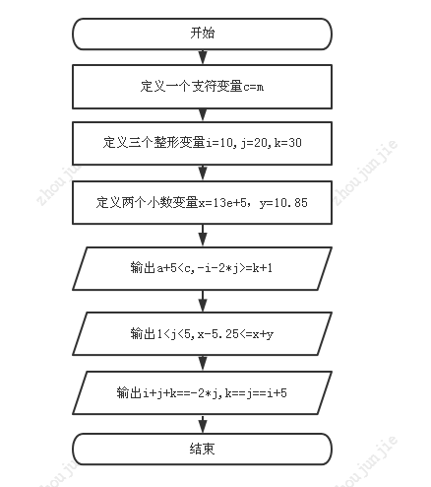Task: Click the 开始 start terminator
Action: pos(202,34)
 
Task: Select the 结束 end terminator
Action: pos(202,449)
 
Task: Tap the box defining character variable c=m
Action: pos(202,87)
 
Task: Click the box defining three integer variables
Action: pos(202,143)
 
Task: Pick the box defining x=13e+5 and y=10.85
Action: pos(202,202)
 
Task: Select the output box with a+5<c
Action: pos(202,268)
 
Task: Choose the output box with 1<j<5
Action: pos(202,334)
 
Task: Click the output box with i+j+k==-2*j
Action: pos(202,392)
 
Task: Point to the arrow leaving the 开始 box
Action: pos(203,57)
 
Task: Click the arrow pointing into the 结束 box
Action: pos(203,424)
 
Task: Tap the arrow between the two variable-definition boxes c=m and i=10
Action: pos(203,115)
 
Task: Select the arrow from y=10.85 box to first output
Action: pos(203,236)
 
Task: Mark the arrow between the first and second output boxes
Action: pos(203,302)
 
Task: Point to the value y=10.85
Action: pos(283,203)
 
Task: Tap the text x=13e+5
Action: pos(222,203)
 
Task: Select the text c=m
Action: pos(253,87)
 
